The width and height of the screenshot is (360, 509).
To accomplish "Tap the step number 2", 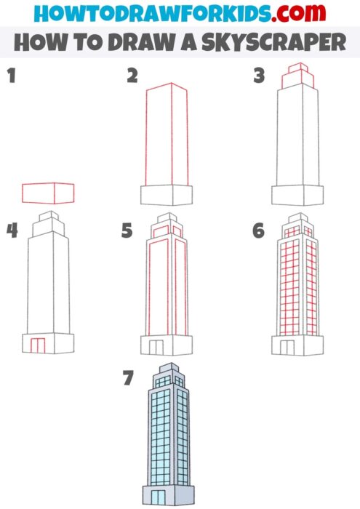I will coord(132,75).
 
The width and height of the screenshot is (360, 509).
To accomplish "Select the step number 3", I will coord(258,75).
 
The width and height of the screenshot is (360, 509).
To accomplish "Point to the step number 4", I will coord(11,231).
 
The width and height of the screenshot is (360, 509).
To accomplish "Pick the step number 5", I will coord(128,231).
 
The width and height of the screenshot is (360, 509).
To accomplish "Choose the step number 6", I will coord(258,231).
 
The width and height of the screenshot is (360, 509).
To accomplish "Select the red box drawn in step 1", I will coord(48,193).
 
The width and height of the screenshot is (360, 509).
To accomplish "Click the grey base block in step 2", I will coord(166,195).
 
